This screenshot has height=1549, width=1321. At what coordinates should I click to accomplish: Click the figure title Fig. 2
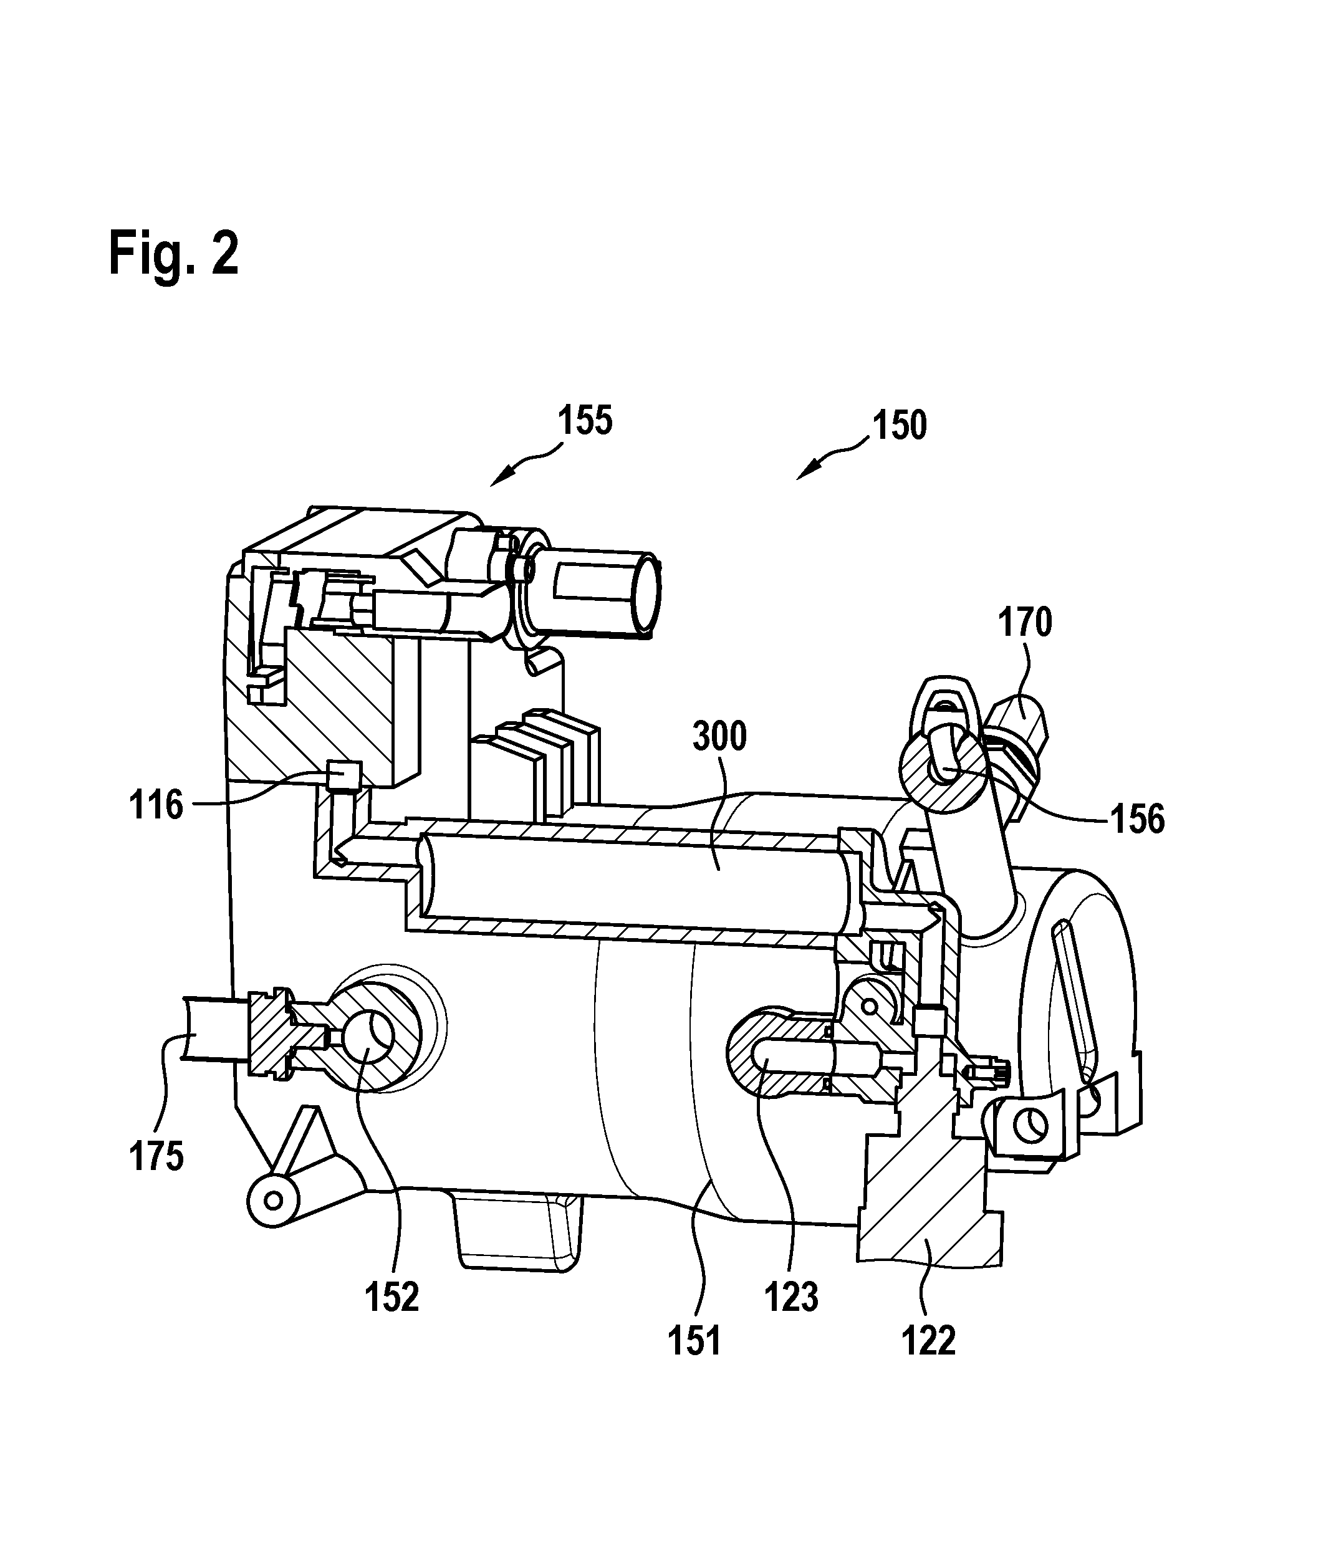(173, 255)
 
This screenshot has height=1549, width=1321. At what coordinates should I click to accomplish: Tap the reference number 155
(585, 420)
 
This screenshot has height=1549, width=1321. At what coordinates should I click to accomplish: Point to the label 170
(1025, 622)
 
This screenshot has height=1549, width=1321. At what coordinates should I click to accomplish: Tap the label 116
(155, 805)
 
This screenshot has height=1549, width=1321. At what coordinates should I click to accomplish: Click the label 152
(391, 1297)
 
